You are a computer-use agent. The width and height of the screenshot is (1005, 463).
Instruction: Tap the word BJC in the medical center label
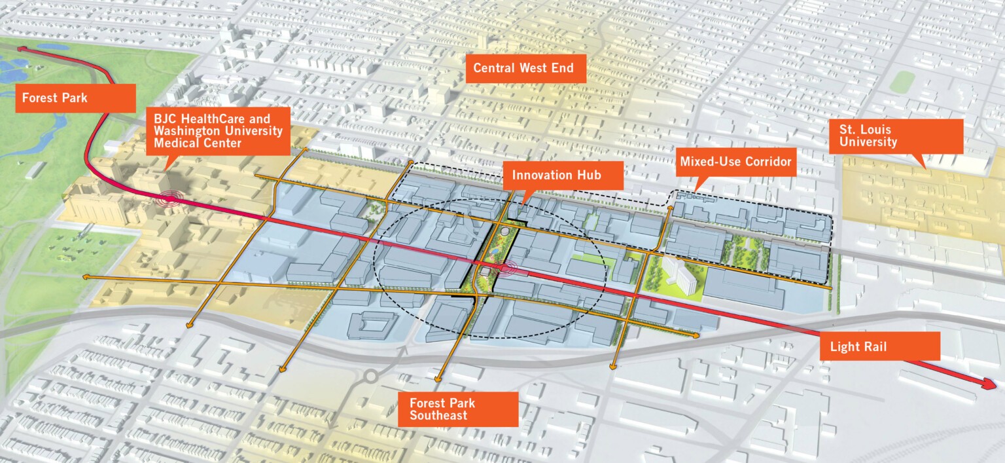165,119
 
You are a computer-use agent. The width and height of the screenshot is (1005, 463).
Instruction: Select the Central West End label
525,68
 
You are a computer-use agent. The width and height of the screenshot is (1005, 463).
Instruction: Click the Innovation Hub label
555,176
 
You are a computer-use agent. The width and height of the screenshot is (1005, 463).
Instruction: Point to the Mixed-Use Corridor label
735,161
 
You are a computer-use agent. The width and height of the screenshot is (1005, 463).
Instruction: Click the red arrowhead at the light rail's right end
991,385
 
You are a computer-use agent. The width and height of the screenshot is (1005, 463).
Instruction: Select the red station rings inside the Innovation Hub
504,268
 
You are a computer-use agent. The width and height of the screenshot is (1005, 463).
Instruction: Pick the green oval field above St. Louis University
902,81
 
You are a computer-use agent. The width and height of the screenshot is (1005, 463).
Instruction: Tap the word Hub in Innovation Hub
588,176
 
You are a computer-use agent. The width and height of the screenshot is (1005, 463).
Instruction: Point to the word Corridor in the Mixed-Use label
766,161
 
